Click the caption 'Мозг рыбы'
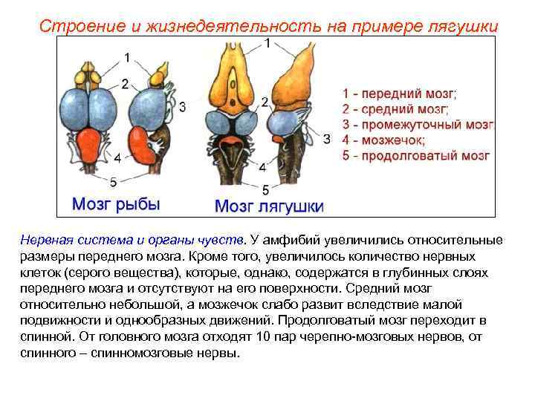pos(115,203)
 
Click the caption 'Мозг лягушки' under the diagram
pos(268,206)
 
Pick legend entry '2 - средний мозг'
pos(395,110)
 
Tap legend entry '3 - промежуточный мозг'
pos(417,125)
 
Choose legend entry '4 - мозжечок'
pos(383,140)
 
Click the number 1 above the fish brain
pos(127,57)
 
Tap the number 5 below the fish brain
pos(113,180)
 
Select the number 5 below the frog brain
pos(265,189)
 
